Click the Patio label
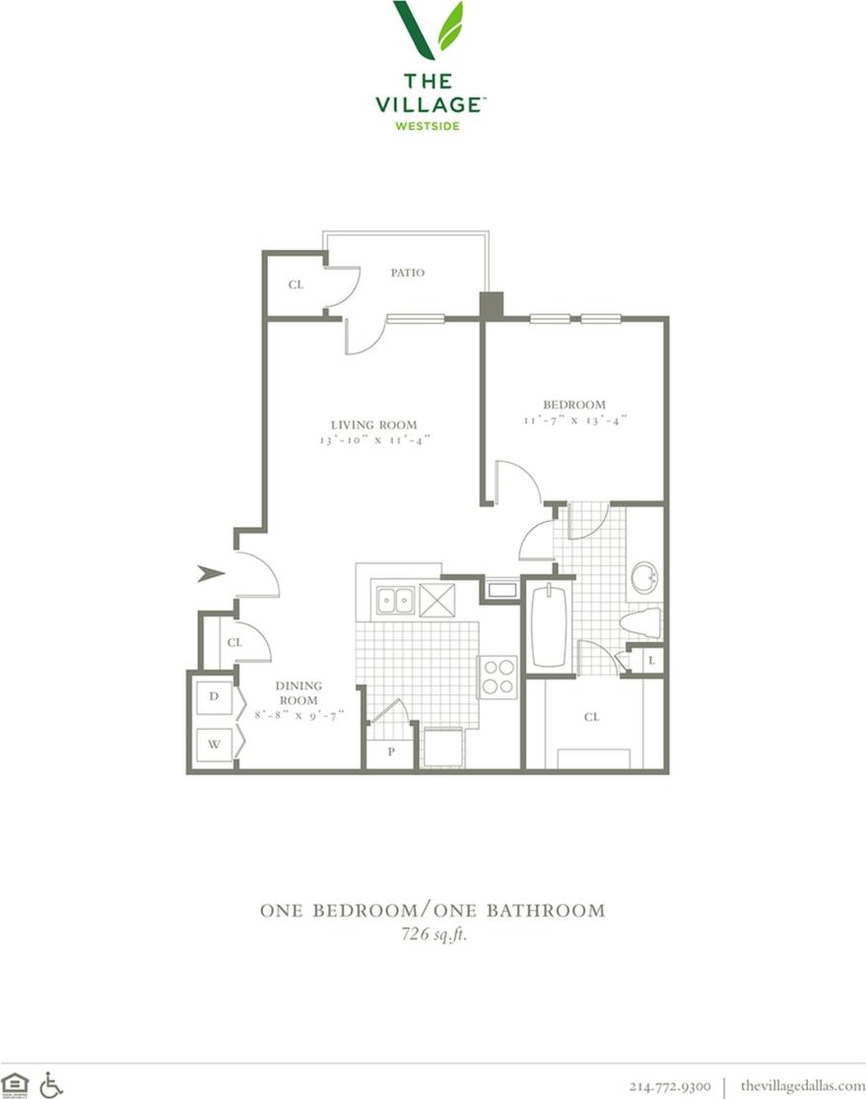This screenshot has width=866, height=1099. coord(407,273)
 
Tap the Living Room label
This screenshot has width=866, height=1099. coord(373,425)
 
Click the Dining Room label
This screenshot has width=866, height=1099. coord(297,692)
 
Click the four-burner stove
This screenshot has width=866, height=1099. coord(498,677)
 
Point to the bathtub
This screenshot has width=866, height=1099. coord(548,626)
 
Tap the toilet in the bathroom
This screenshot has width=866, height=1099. coord(641,622)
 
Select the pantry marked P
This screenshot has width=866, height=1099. coord(390,750)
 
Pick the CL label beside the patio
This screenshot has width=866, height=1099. coord(296,285)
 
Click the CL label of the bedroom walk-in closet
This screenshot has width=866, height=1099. coord(592,717)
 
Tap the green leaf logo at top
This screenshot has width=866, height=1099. coord(430,30)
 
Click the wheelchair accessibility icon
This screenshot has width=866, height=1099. coord(51,1084)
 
